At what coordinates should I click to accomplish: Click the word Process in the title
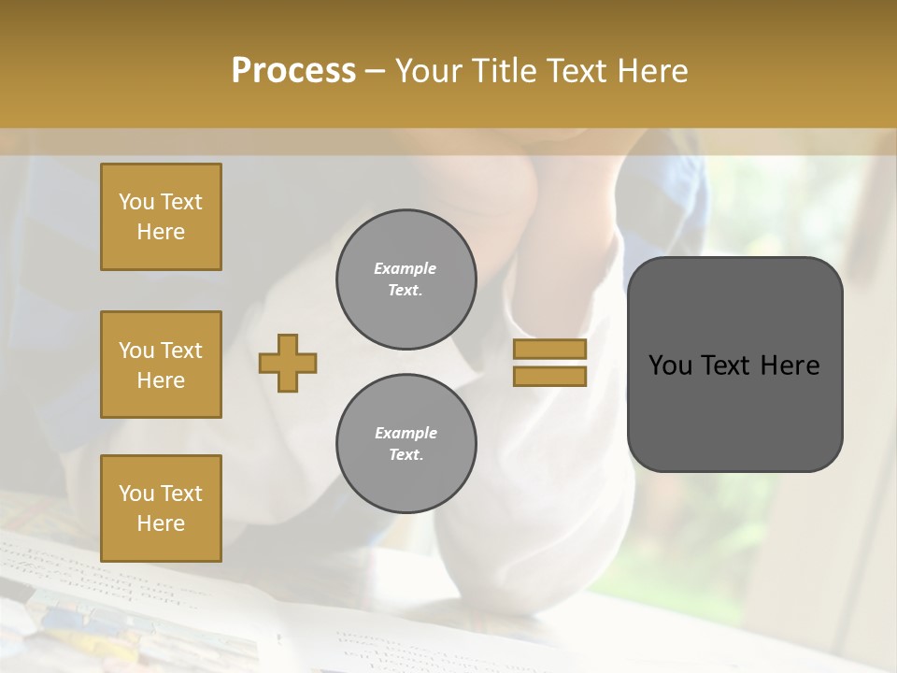293,71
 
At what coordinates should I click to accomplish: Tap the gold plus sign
288,363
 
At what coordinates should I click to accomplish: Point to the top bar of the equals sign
549,350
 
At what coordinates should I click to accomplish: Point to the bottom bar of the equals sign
549,376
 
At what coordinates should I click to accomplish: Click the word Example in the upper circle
405,268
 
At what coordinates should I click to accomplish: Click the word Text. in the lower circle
406,454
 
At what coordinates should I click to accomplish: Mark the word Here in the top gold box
161,232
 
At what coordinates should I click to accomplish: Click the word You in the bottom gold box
135,493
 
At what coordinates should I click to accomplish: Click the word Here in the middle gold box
161,380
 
